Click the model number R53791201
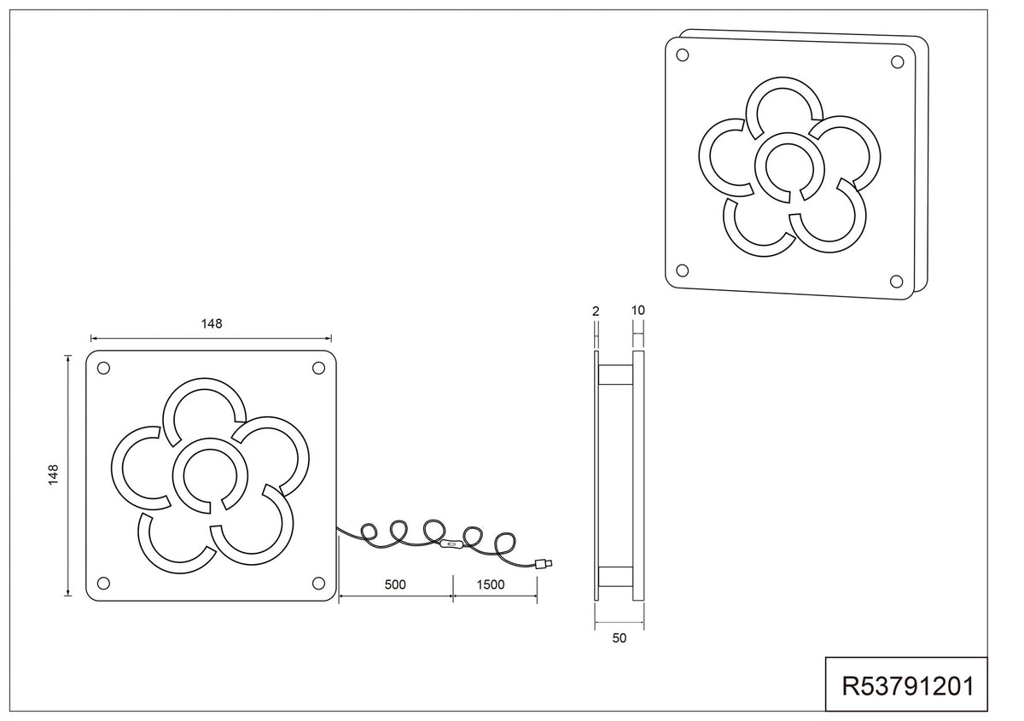click(x=908, y=686)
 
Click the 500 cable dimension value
click(x=395, y=584)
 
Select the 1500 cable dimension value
click(x=491, y=584)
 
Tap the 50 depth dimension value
click(x=619, y=638)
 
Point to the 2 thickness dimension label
click(x=596, y=311)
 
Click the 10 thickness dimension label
click(x=637, y=311)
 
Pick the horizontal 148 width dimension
click(x=212, y=323)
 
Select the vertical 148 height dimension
click(x=54, y=474)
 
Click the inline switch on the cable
click(x=451, y=544)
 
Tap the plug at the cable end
click(x=544, y=564)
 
